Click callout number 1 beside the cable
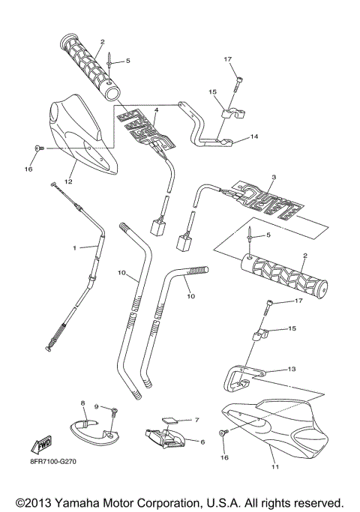74,247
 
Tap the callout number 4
156,110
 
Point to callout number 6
202,442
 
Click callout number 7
197,420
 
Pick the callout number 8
82,403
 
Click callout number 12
67,180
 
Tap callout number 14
254,136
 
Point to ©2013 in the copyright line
30,501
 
